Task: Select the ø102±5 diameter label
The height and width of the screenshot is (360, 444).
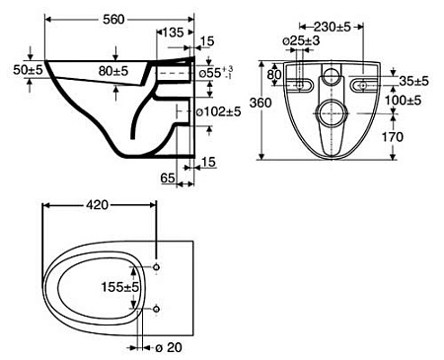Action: point(220,111)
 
